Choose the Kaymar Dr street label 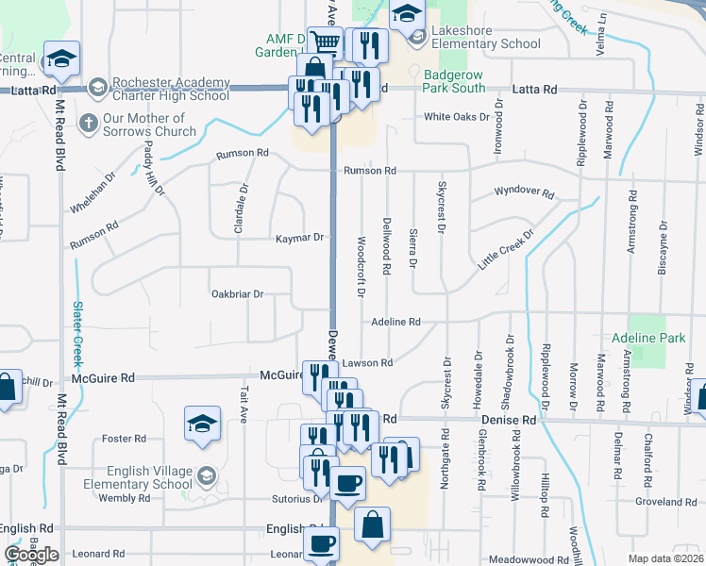click(x=299, y=238)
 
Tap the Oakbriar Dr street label click(x=237, y=294)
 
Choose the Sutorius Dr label click(x=294, y=498)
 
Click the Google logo click(x=32, y=555)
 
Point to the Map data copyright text click(x=666, y=558)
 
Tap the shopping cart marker click(x=326, y=42)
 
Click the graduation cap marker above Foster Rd click(x=202, y=424)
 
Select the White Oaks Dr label click(x=458, y=117)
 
